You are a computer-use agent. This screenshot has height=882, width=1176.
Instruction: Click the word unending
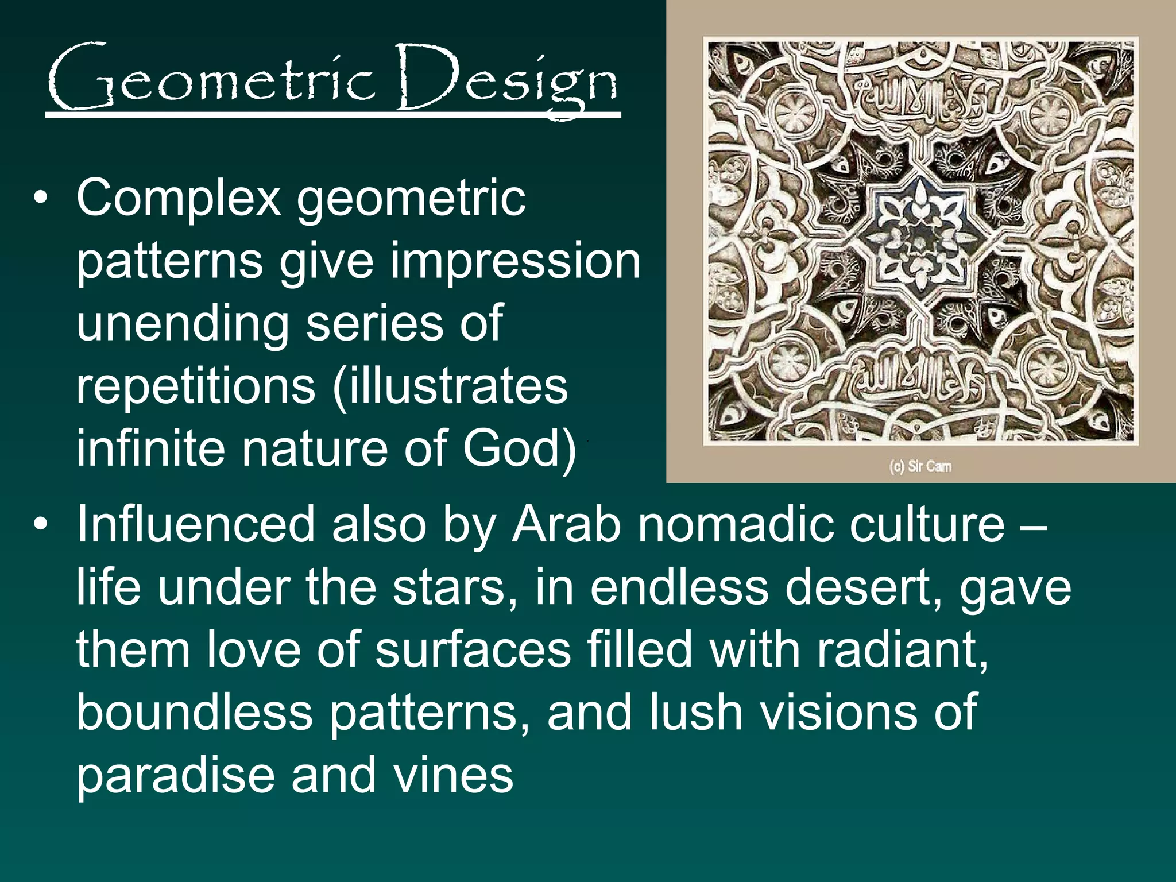tap(183, 324)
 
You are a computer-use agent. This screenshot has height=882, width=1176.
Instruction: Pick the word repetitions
tap(195, 386)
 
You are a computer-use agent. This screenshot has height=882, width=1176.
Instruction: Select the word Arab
tap(566, 524)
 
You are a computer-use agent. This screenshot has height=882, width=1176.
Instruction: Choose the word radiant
tap(902, 650)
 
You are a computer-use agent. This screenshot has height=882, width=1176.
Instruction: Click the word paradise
tap(175, 776)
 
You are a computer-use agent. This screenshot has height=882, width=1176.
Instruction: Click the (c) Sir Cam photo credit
tap(920, 466)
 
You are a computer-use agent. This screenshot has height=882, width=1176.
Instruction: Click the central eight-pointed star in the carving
tap(920, 240)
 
